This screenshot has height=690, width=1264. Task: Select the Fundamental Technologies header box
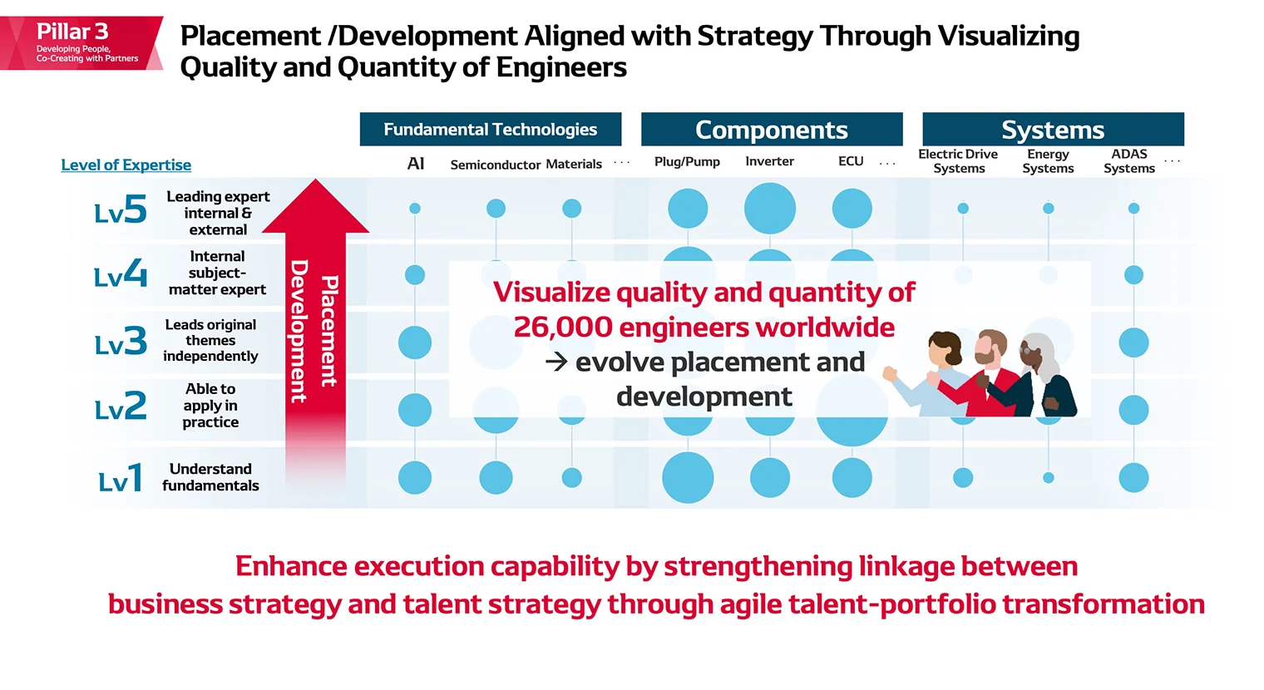(x=490, y=130)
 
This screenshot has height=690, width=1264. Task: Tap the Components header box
(x=771, y=130)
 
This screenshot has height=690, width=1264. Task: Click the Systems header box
(x=1052, y=130)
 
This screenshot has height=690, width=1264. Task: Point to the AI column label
(x=416, y=164)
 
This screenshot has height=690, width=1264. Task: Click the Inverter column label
(x=769, y=161)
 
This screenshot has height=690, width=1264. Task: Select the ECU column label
(x=851, y=161)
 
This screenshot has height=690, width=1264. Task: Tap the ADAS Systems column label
(x=1128, y=160)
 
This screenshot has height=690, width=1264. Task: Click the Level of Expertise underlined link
(x=126, y=165)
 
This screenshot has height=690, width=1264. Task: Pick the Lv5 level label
(x=121, y=209)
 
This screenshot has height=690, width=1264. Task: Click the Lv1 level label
(x=121, y=479)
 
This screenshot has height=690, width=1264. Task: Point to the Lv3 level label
(x=121, y=342)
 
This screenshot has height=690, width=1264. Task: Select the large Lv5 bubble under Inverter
(x=769, y=208)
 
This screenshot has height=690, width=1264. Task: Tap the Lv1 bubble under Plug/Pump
(x=688, y=477)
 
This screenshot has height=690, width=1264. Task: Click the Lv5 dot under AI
(x=415, y=208)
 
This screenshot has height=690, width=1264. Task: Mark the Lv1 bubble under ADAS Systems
(x=1133, y=477)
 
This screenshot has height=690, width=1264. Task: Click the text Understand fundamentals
(x=210, y=477)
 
